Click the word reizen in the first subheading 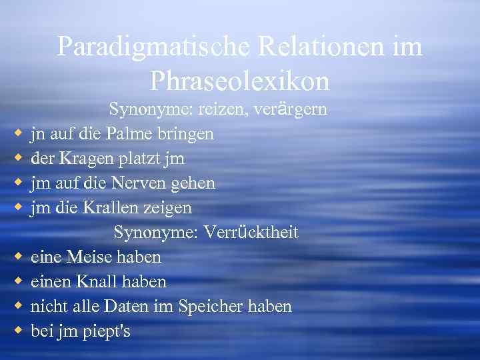pos(223,109)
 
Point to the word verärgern pos(289,109)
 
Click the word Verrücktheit pos(251,233)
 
